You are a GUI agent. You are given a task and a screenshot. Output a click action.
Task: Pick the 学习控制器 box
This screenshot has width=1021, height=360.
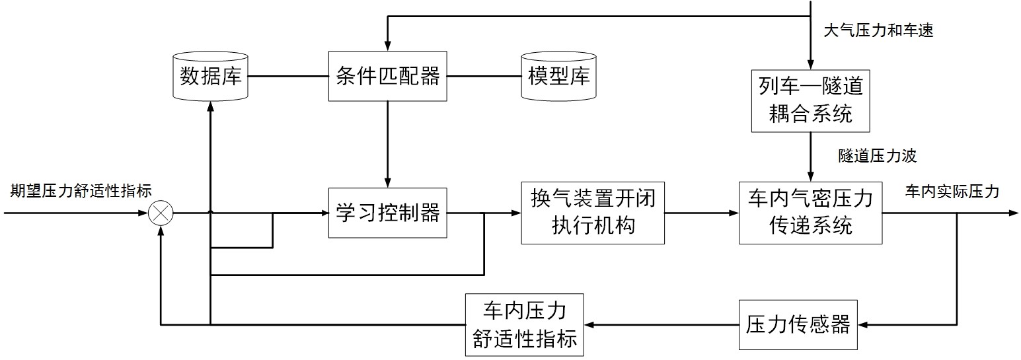(x=387, y=213)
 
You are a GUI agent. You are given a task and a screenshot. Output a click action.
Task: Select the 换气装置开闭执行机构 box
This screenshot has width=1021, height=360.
(x=592, y=213)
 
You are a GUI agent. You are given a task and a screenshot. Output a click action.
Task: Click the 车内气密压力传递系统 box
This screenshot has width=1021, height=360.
(x=810, y=213)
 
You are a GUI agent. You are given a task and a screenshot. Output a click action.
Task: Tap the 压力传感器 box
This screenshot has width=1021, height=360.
(x=798, y=324)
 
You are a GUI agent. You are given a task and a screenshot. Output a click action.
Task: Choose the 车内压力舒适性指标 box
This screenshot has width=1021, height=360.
(x=525, y=324)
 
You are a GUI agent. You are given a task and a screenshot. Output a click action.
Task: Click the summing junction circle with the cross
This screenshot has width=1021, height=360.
(x=160, y=213)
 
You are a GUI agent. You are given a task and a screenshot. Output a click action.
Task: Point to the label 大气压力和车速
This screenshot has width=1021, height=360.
(x=878, y=30)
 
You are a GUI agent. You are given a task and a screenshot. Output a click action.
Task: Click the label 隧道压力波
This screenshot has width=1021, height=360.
(x=877, y=157)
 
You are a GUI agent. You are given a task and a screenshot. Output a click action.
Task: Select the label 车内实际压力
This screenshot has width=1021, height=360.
(x=952, y=192)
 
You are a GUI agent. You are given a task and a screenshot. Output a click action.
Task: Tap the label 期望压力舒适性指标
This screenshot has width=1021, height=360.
(x=81, y=192)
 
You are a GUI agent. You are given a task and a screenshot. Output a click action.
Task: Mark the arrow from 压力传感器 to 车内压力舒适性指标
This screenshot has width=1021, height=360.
(x=661, y=324)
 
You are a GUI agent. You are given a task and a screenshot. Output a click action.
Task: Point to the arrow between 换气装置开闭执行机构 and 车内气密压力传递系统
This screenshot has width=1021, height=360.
(x=701, y=213)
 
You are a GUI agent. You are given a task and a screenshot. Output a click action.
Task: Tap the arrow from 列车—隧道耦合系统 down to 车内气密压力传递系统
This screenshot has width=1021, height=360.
(x=810, y=156)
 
